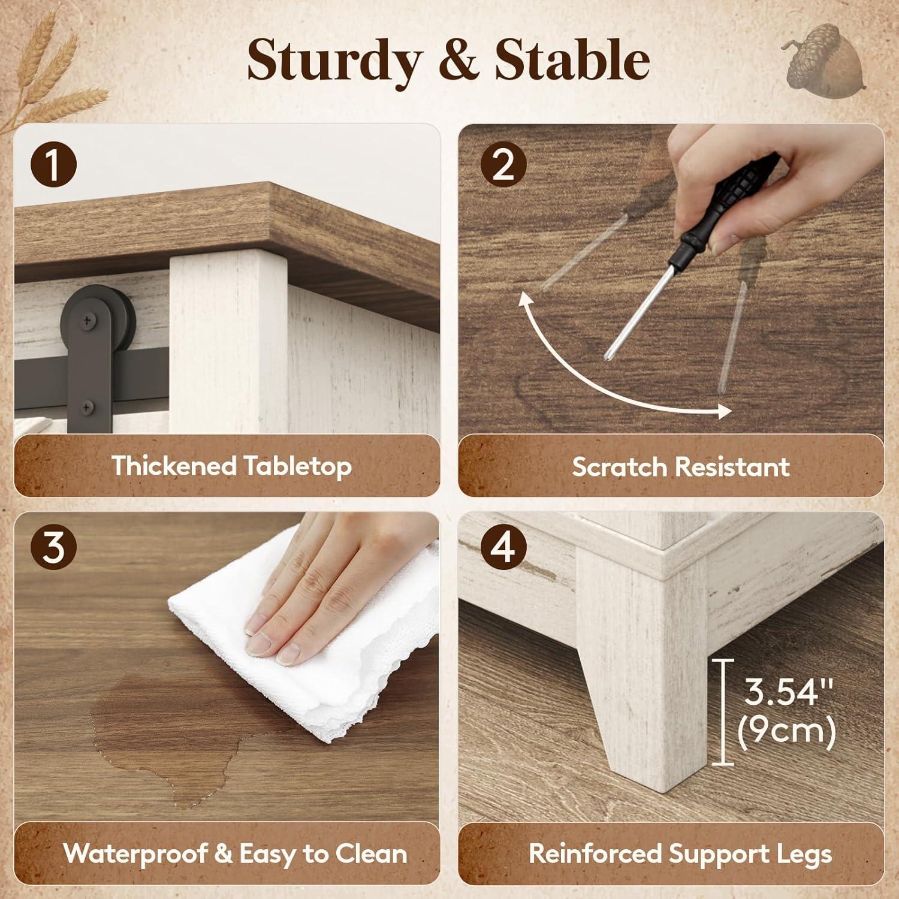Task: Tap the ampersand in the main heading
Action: (457, 61)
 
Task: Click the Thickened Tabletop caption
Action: (231, 466)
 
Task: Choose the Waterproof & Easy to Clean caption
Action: (235, 853)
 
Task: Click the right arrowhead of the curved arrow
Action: (723, 411)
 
